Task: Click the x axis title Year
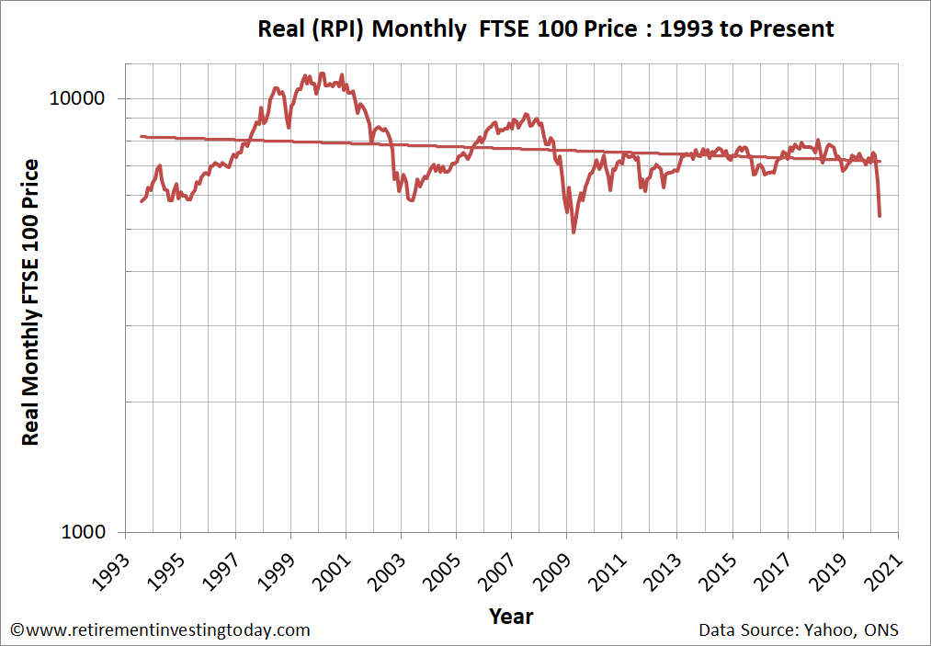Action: pyautogui.click(x=511, y=615)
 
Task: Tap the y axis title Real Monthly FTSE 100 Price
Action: pyautogui.click(x=30, y=302)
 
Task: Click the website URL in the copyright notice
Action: pyautogui.click(x=165, y=630)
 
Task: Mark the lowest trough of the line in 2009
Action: pyautogui.click(x=573, y=232)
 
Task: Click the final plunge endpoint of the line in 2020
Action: pyautogui.click(x=880, y=216)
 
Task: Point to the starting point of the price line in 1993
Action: pyautogui.click(x=141, y=201)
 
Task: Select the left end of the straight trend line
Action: pyautogui.click(x=141, y=136)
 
